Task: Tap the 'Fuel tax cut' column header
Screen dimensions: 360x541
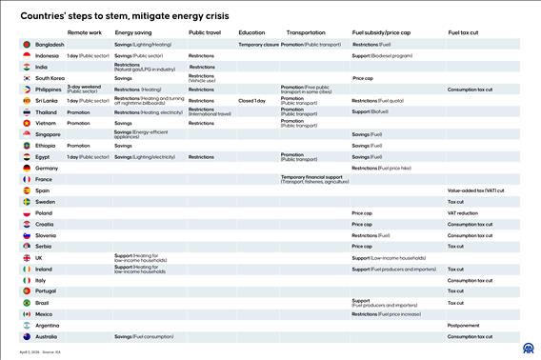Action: [x=464, y=33]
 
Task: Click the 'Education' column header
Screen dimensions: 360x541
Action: [x=251, y=33]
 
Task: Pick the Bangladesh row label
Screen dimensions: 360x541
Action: [x=50, y=45]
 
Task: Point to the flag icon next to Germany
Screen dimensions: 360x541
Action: [x=26, y=168]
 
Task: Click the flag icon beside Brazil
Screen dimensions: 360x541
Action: [x=26, y=303]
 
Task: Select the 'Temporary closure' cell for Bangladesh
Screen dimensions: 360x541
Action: [x=258, y=45]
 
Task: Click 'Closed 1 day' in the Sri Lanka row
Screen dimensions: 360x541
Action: [x=252, y=100]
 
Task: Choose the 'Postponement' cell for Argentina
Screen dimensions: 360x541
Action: [x=463, y=325]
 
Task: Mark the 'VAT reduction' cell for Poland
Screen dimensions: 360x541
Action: [x=463, y=213]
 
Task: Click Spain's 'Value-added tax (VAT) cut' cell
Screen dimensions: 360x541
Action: [x=475, y=190]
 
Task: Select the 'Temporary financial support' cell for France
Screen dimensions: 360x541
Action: [x=314, y=178]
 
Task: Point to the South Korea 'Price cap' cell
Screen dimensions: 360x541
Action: [x=363, y=78]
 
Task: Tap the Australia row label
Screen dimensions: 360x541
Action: [x=47, y=336]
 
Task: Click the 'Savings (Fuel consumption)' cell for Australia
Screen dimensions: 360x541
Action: [x=144, y=336]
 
